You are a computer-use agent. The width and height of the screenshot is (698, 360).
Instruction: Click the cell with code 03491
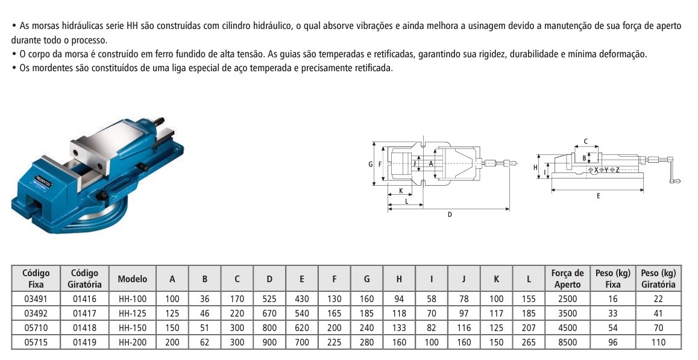36,299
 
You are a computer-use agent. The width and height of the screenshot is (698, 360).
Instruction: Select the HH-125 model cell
133,314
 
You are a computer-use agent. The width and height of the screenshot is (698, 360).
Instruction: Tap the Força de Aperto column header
567,279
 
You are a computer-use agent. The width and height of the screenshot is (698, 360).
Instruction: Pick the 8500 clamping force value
567,343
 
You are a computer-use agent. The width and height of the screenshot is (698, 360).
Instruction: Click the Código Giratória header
84,279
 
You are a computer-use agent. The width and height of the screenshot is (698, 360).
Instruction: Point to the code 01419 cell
84,343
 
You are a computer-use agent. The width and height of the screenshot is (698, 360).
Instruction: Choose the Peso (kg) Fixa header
612,279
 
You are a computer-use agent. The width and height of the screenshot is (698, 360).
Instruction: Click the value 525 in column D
269,299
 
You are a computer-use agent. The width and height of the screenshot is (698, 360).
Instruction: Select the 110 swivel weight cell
658,343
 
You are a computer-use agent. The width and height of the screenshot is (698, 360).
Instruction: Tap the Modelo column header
133,279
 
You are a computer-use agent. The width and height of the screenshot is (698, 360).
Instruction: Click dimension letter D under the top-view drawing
450,214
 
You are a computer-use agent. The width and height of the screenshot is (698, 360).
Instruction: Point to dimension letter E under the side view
598,196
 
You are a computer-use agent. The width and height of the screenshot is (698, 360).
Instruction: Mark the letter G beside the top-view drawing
370,164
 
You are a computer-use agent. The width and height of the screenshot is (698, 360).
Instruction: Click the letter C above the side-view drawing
585,141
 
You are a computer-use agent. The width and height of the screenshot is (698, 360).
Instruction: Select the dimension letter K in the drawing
400,192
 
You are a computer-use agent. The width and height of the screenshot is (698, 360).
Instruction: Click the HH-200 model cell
133,343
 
